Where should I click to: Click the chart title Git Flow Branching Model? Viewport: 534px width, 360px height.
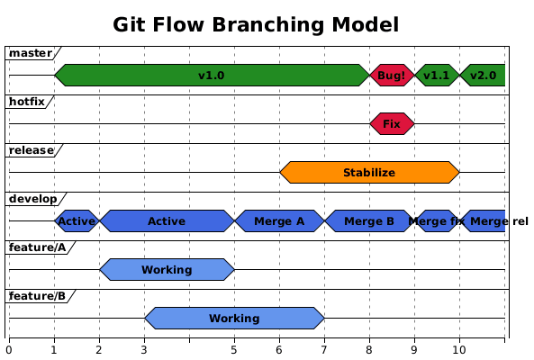256,24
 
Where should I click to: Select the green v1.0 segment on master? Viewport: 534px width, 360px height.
211,76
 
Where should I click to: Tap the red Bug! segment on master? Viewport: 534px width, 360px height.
392,76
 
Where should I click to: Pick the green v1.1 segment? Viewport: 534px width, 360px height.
437,76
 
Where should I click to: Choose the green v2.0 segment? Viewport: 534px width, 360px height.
484,76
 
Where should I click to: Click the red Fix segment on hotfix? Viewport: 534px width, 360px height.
392,123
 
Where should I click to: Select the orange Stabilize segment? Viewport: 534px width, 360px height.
369,172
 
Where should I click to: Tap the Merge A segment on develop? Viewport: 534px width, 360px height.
279,220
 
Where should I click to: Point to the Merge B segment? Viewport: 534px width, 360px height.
369,220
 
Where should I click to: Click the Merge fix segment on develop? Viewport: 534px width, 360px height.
437,220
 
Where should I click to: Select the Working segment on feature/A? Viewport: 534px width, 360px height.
167,269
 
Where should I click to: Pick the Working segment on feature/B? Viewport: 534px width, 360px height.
234,318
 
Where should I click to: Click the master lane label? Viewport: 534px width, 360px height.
31,53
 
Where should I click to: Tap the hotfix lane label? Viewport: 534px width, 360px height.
26,102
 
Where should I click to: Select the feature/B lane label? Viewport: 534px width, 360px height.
37,296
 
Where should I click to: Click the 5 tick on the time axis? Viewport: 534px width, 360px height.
234,349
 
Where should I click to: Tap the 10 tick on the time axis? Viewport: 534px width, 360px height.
459,349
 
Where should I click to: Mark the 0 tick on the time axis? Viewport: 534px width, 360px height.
9,349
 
